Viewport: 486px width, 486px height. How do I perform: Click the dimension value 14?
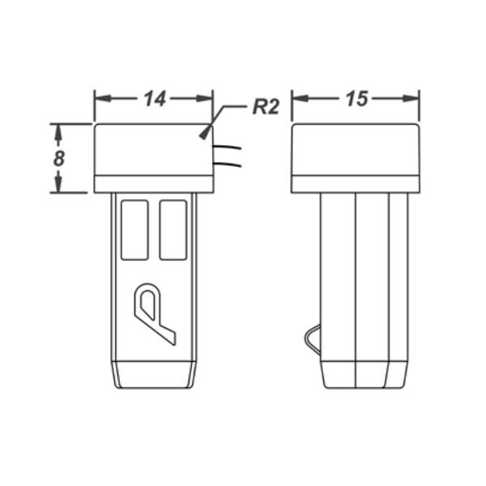[x=155, y=99]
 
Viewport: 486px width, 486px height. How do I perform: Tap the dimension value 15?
[x=356, y=99]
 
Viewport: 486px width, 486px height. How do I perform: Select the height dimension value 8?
[x=59, y=158]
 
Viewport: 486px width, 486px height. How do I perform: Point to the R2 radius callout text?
[x=266, y=107]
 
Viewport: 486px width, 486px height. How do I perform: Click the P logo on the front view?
[x=154, y=313]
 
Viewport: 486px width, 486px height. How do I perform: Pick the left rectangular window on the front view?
[x=134, y=230]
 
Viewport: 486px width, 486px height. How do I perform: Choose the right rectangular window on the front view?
[x=173, y=230]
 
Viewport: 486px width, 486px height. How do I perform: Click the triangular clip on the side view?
[x=313, y=339]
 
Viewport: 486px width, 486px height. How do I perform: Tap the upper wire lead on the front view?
[x=227, y=147]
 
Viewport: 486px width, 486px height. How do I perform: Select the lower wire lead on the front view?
[x=227, y=164]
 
